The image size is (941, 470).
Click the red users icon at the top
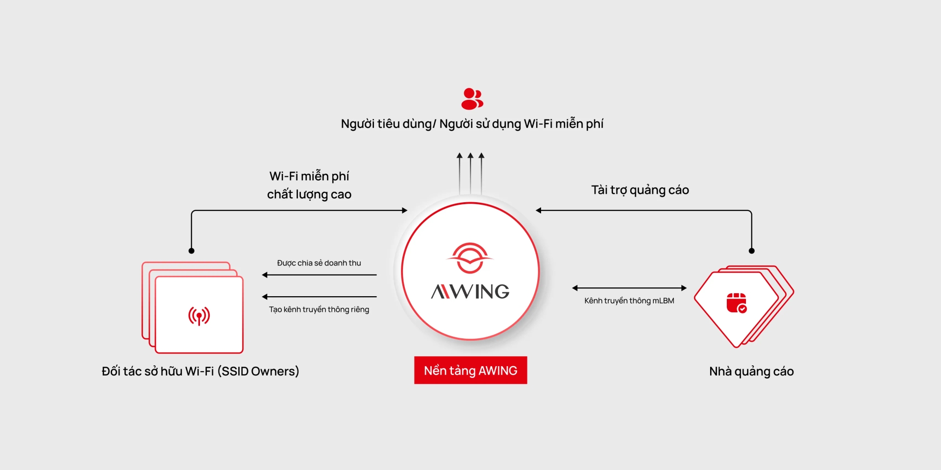point(472,99)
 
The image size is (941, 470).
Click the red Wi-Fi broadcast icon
point(199,316)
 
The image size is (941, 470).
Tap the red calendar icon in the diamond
point(736,303)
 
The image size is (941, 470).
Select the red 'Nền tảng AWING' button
point(470,370)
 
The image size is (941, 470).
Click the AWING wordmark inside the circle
point(470,292)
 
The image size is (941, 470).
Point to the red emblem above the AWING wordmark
point(470,258)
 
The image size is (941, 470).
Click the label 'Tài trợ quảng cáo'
point(640,190)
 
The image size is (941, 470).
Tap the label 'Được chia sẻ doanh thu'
point(319,263)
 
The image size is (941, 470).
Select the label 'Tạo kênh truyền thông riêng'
point(319,309)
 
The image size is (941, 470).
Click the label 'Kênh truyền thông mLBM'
point(629,301)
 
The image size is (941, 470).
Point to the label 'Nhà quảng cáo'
point(751,372)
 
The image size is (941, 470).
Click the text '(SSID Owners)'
point(258,372)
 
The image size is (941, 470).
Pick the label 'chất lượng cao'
point(309,194)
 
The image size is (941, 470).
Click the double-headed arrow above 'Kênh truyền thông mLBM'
point(629,288)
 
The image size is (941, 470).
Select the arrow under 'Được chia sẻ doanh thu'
point(320,275)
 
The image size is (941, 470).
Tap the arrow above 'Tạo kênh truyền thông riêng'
point(320,297)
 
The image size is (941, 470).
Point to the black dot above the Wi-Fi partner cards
point(192,251)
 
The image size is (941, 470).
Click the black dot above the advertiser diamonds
point(752,251)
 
